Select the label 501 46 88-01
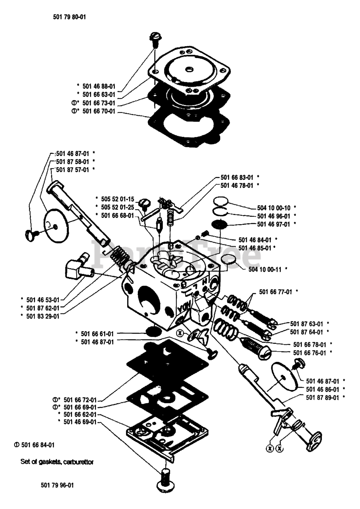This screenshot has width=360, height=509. coord(99,85)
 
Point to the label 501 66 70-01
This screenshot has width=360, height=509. coord(99,112)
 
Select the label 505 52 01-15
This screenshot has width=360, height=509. coord(118,198)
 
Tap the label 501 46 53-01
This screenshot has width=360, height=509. coord(44,299)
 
